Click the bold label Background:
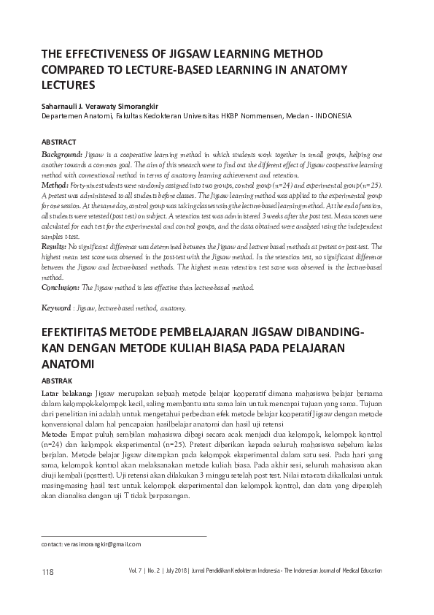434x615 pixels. coord(61,156)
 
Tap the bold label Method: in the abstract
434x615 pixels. coord(55,186)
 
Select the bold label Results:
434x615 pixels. coord(55,248)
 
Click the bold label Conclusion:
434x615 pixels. coord(61,288)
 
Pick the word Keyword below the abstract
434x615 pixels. coord(56,308)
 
